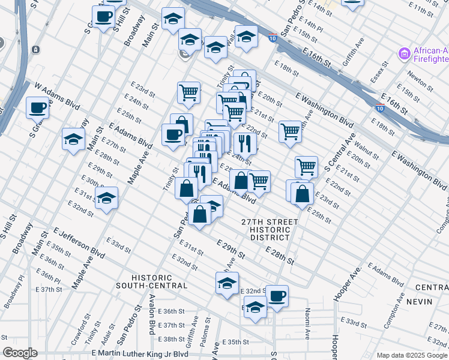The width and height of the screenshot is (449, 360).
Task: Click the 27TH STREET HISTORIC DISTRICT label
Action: coord(270,229)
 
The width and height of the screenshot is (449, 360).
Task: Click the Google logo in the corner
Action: coord(20,353)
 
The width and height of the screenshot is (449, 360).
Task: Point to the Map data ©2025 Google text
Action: coord(411,355)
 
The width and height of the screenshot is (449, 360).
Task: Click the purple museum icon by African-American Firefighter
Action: coord(404,55)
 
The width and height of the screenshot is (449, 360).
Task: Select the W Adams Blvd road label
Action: coord(57,96)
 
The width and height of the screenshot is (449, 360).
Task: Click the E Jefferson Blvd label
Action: coord(78,242)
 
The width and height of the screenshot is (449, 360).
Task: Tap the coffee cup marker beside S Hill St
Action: coord(104,17)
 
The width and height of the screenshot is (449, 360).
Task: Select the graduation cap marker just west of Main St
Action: coord(73,139)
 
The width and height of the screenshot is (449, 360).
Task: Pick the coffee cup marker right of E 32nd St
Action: coord(277,295)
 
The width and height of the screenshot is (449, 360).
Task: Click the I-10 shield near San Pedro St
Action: coord(273,38)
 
